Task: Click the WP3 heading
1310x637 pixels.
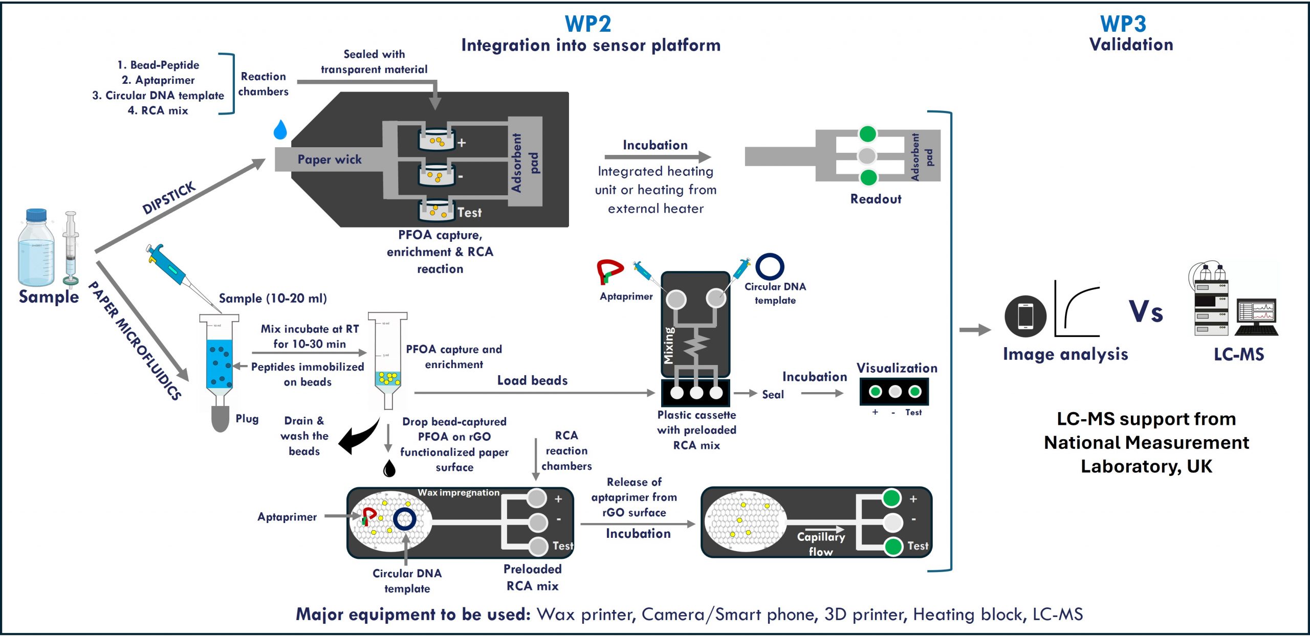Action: (x=1123, y=24)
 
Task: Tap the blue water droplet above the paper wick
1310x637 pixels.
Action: (x=280, y=130)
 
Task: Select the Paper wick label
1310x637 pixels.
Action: (x=330, y=160)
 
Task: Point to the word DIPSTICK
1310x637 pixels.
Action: (x=169, y=198)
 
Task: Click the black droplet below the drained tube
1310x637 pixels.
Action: (x=389, y=468)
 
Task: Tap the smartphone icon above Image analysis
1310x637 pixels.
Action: (x=1025, y=316)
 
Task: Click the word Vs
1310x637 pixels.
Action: (x=1146, y=312)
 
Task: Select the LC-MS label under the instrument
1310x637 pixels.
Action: (x=1239, y=354)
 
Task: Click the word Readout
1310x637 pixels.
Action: (x=876, y=199)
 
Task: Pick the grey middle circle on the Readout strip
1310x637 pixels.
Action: (x=867, y=155)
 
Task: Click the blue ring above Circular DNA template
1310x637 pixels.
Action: (x=770, y=266)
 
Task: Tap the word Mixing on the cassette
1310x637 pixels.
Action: (x=669, y=346)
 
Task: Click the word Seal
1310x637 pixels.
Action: (x=773, y=394)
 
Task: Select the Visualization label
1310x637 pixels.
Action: (x=897, y=368)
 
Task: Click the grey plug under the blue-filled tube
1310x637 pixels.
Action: (x=220, y=419)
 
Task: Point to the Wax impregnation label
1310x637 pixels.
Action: (x=458, y=492)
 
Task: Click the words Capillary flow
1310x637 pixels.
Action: (x=821, y=544)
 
